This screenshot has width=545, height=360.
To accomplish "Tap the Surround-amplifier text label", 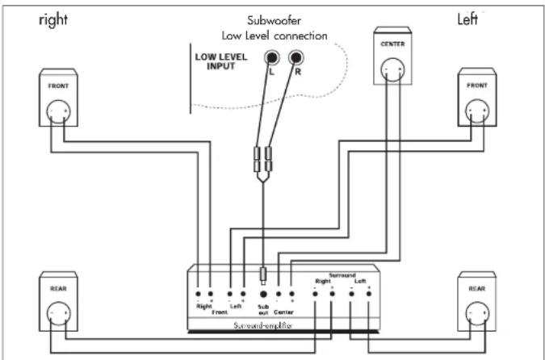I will tap(262, 324).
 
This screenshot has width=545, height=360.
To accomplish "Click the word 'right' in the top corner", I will tap(53, 20).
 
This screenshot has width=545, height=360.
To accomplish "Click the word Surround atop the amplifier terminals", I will tap(342, 275).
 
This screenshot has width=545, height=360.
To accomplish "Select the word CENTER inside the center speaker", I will tap(392, 44).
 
